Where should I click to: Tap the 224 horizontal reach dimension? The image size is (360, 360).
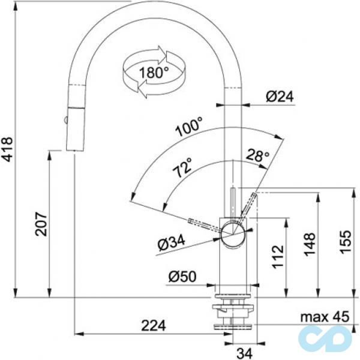153,325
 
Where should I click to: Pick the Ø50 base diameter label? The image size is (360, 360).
182,277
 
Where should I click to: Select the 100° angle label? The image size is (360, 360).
190,128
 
